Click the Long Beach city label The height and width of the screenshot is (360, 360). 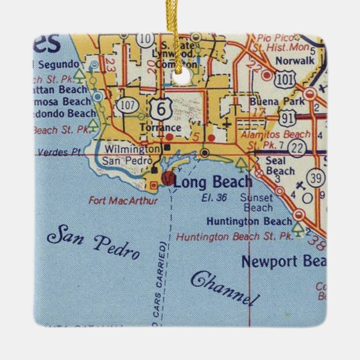(x=212, y=182)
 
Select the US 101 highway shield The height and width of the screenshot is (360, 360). (x=286, y=80)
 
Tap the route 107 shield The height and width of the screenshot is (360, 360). (x=126, y=104)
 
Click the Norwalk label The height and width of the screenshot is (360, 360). (x=293, y=58)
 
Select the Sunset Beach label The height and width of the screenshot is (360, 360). (x=257, y=203)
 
